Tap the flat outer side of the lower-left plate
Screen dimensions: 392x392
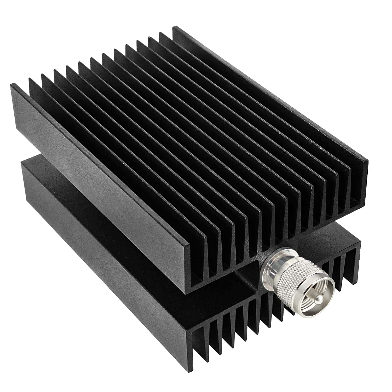pyautogui.click(x=105, y=261)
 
